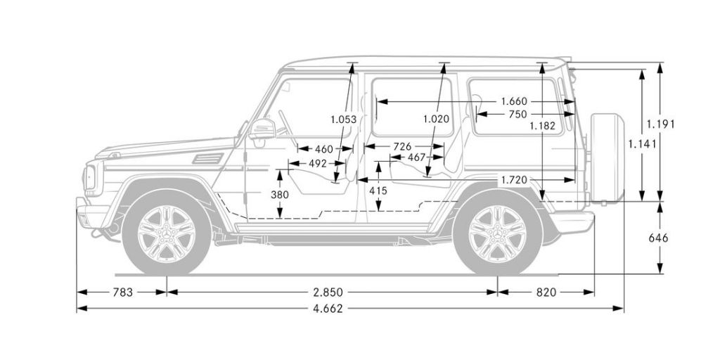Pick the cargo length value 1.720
tap(513, 181)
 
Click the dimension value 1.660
tap(514, 102)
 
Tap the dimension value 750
tap(517, 114)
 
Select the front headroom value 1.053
tap(343, 119)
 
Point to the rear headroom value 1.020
tap(436, 119)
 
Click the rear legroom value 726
tap(402, 146)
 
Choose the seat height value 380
tap(280, 195)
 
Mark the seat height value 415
tap(378, 190)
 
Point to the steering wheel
tap(285, 124)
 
